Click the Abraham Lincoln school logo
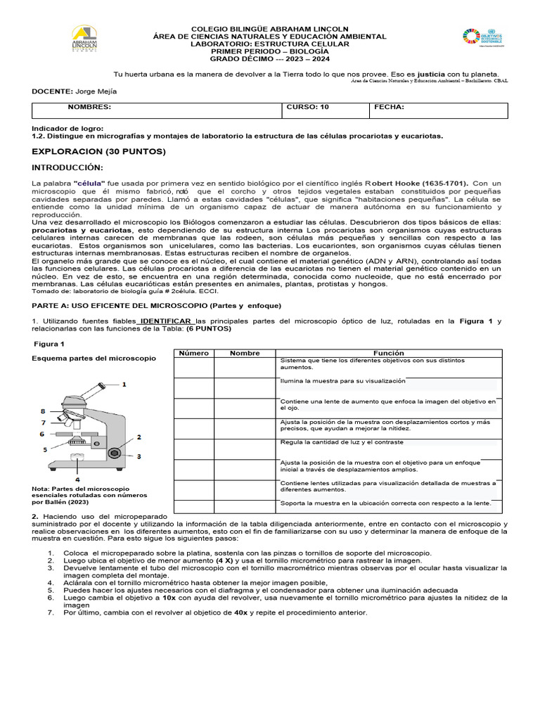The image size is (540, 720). pyautogui.click(x=85, y=40)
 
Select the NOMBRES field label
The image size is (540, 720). pyautogui.click(x=89, y=108)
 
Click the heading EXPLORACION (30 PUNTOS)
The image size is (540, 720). pyautogui.click(x=98, y=151)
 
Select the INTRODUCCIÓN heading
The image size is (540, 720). pyautogui.click(x=67, y=167)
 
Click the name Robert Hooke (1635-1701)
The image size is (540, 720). pyautogui.click(x=419, y=183)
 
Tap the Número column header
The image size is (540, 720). pyautogui.click(x=193, y=353)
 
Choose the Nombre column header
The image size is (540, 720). pyautogui.click(x=245, y=353)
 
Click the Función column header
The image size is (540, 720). pyautogui.click(x=389, y=353)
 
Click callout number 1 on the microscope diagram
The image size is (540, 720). pyautogui.click(x=124, y=384)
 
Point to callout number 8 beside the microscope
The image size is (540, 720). pyautogui.click(x=42, y=411)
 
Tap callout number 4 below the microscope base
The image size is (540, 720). pyautogui.click(x=77, y=479)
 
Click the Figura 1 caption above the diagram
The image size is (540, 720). pyautogui.click(x=50, y=344)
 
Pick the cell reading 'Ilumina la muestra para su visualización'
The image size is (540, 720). pyautogui.click(x=342, y=380)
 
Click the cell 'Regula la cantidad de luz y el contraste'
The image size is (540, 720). pyautogui.click(x=342, y=442)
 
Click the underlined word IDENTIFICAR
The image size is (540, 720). pyautogui.click(x=168, y=321)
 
